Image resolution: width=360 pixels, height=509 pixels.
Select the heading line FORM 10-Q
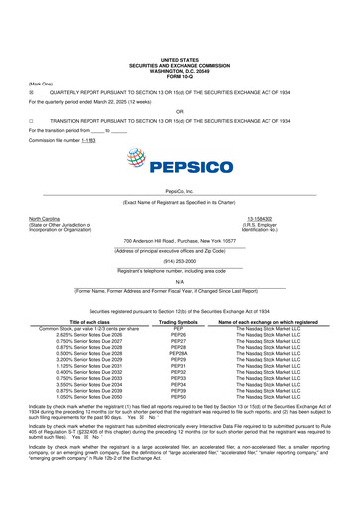(180, 25)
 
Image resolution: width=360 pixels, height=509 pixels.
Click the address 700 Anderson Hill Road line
(180, 243)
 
